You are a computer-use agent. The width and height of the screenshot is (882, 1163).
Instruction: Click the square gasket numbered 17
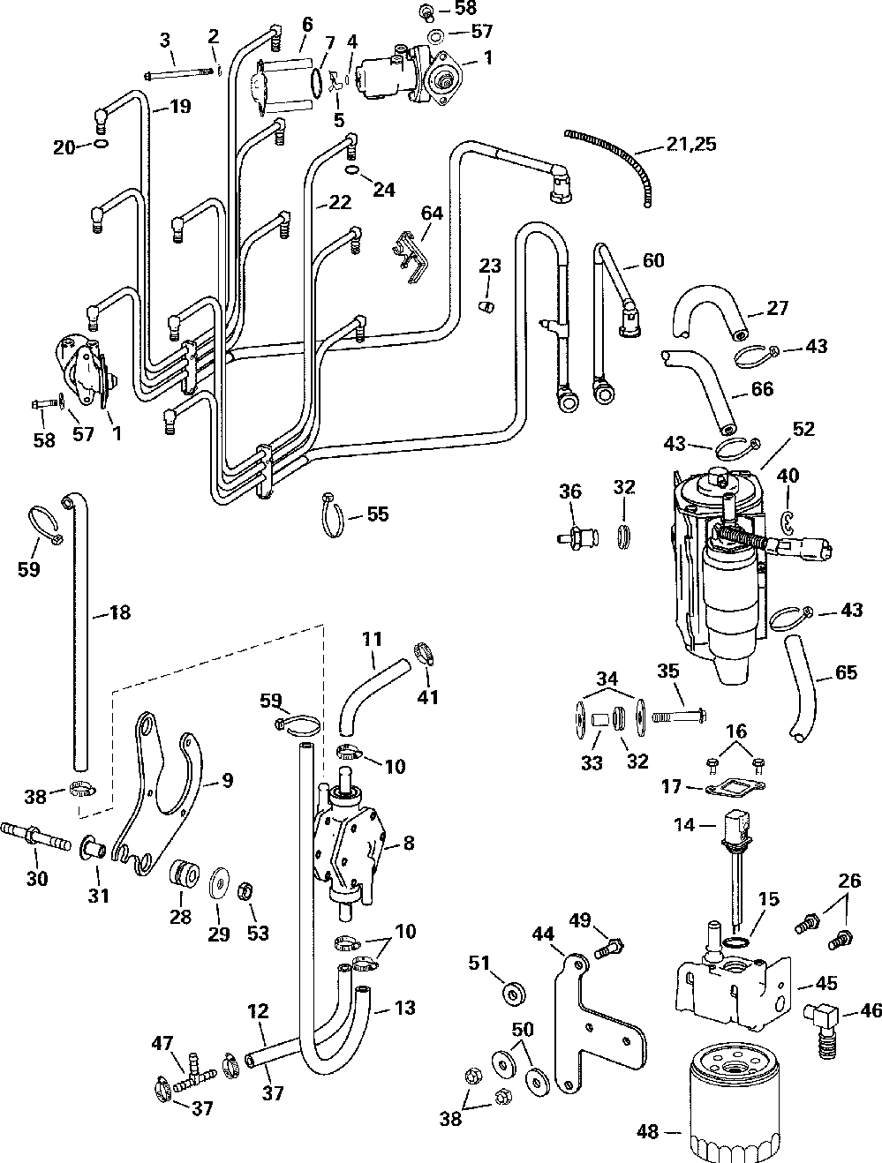(733, 787)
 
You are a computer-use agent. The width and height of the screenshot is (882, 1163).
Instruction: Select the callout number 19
(180, 108)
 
